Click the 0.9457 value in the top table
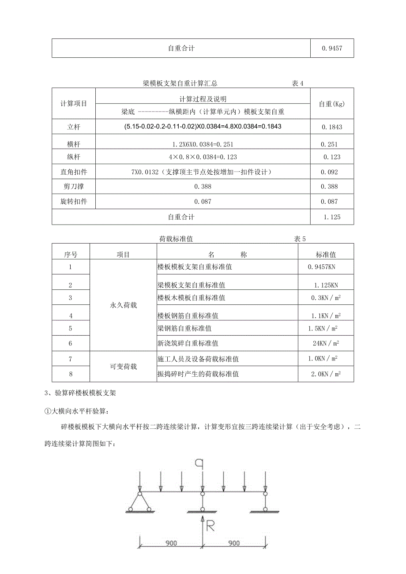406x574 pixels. (x=332, y=49)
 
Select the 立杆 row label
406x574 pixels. (x=74, y=127)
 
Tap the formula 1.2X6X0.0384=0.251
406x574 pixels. (x=203, y=144)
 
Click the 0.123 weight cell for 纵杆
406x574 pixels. (x=332, y=157)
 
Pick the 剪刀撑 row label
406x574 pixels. (x=74, y=187)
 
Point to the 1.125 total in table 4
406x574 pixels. (x=332, y=217)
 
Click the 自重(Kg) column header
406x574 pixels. (x=332, y=104)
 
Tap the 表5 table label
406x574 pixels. (x=300, y=239)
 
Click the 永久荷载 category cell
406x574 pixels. (x=123, y=305)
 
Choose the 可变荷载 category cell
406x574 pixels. (x=123, y=366)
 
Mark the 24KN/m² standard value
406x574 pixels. (x=326, y=343)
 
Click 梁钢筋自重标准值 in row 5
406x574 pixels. (x=184, y=328)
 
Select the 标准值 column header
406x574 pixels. (x=326, y=255)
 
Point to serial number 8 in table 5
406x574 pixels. (x=71, y=374)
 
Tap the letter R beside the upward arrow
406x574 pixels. (x=211, y=525)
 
